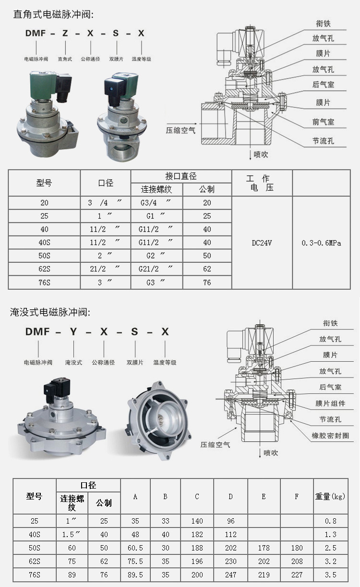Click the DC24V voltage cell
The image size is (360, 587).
tap(262, 243)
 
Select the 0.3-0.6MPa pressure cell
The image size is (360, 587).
tap(321, 243)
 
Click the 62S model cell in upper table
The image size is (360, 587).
tap(44, 269)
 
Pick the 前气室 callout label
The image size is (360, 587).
tap(323, 122)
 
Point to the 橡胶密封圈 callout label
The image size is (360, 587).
tap(330, 436)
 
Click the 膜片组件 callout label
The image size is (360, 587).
tap(330, 404)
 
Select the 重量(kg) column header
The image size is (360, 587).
tap(330, 496)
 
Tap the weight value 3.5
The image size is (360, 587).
tap(330, 575)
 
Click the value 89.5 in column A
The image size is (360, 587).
tap(135, 575)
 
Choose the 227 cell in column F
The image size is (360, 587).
tap(297, 575)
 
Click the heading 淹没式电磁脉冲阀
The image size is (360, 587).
tap(50, 312)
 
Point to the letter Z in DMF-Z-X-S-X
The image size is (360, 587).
tap(65, 33)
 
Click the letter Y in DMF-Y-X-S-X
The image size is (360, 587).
tap(73, 332)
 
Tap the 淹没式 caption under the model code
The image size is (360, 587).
tap(73, 362)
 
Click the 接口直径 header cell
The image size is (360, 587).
tap(181, 176)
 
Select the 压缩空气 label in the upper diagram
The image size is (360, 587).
tap(180, 130)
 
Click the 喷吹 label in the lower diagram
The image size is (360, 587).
tap(270, 453)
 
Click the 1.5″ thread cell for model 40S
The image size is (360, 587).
tap(71, 534)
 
